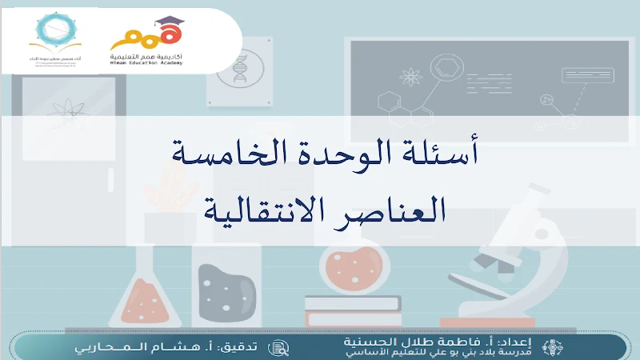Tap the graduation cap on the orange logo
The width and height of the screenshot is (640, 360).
click(166, 22)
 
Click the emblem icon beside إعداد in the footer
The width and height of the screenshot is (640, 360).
click(552, 348)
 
